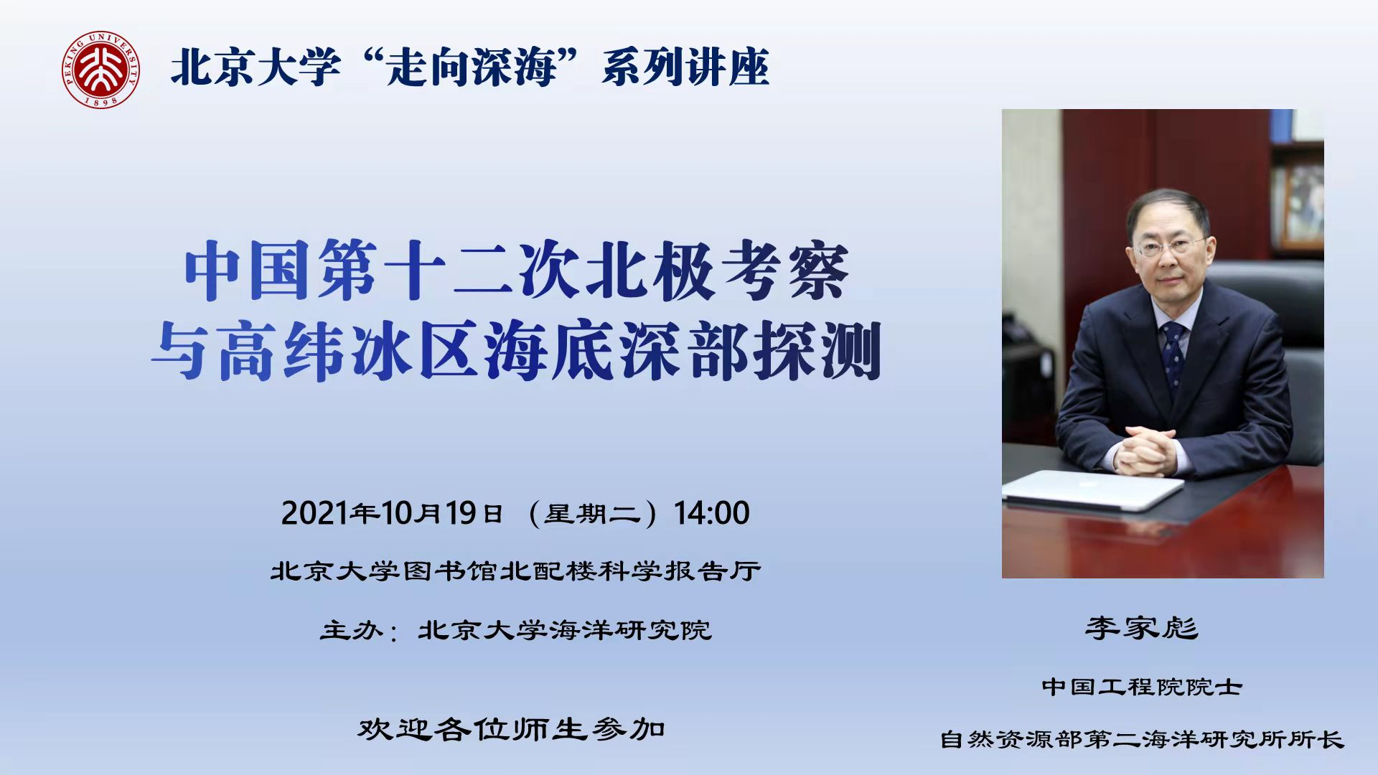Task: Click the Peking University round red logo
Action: (x=100, y=70)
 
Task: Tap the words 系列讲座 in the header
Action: (x=685, y=68)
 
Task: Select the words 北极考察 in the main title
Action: (x=717, y=271)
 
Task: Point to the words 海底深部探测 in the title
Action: (x=682, y=351)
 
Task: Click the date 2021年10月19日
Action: (x=392, y=513)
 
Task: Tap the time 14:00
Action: (x=711, y=513)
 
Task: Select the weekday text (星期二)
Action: (x=592, y=514)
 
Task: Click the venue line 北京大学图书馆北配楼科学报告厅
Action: (x=515, y=571)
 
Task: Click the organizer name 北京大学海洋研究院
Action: (x=565, y=630)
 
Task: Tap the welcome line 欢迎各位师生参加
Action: (x=512, y=729)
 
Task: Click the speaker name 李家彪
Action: (x=1141, y=628)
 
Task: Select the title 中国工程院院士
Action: (x=1142, y=687)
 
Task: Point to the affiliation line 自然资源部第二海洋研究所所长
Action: (x=1142, y=739)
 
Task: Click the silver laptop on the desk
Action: (x=1092, y=490)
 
